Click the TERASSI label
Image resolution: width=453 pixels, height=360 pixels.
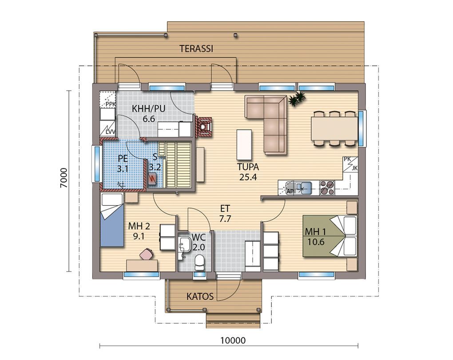pyautogui.click(x=196, y=48)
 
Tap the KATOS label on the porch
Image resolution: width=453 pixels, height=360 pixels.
pyautogui.click(x=200, y=296)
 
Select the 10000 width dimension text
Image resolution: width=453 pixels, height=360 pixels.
pyautogui.click(x=233, y=340)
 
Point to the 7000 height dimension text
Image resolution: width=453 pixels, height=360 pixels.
pyautogui.click(x=64, y=178)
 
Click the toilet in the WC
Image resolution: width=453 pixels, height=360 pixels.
pyautogui.click(x=199, y=261)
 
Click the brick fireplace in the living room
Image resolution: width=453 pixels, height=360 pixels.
pyautogui.click(x=204, y=127)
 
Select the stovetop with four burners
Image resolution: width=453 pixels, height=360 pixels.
pyautogui.click(x=327, y=188)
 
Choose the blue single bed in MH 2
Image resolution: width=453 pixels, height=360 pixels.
pyautogui.click(x=112, y=220)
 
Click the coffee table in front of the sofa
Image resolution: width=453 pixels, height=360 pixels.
pyautogui.click(x=244, y=144)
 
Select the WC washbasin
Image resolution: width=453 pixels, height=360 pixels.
pyautogui.click(x=183, y=244)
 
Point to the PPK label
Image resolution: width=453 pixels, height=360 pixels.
pyautogui.click(x=110, y=104)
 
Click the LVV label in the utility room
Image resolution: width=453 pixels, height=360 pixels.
pyautogui.click(x=110, y=132)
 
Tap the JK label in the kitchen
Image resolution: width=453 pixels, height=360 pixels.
pyautogui.click(x=354, y=168)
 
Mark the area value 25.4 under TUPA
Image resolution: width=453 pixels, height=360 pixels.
pyautogui.click(x=248, y=177)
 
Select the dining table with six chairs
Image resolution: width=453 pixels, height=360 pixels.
pyautogui.click(x=334, y=128)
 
